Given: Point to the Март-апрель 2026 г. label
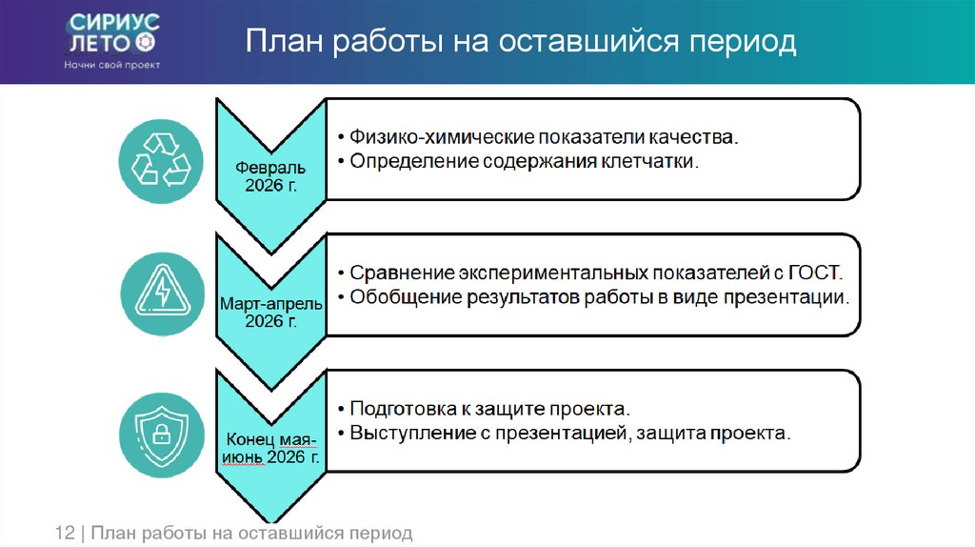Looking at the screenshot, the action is coord(271,312).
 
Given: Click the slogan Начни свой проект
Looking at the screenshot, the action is coord(112,65).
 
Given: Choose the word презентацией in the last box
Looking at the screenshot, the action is coord(559,433).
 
